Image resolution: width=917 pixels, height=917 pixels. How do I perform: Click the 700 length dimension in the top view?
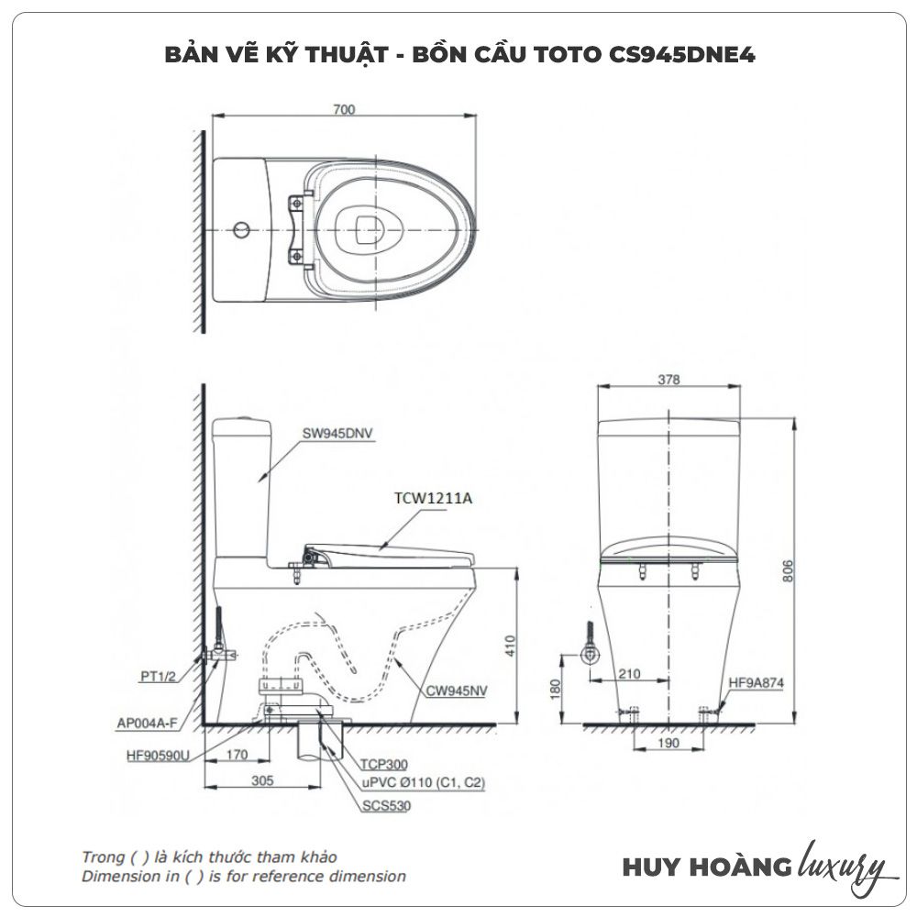[344, 109]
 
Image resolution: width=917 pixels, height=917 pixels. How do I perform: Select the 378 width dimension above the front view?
[668, 380]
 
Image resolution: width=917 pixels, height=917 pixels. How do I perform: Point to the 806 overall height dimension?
[787, 570]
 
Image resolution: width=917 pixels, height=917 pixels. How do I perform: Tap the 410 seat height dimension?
[511, 646]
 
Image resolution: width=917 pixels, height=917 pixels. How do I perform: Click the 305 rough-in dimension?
[262, 780]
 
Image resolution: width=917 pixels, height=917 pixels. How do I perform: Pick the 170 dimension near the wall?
[237, 755]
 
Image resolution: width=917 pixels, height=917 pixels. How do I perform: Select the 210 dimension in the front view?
[629, 674]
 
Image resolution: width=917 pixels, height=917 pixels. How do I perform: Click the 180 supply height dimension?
[556, 689]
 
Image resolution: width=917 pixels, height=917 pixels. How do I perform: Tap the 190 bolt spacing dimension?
[668, 743]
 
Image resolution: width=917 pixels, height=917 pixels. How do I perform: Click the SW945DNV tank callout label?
[337, 434]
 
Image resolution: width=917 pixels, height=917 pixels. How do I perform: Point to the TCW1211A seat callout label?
[434, 498]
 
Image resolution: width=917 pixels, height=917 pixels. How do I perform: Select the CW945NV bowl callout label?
[456, 691]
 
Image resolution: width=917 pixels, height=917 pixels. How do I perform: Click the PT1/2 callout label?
[158, 676]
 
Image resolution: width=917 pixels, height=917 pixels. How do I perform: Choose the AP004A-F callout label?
[147, 724]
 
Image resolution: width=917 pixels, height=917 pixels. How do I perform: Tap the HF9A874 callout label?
[757, 682]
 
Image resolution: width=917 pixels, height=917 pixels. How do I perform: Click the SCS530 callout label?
[387, 805]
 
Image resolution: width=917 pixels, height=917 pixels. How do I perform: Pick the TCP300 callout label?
[383, 764]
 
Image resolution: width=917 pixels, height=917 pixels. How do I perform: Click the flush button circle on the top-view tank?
[241, 229]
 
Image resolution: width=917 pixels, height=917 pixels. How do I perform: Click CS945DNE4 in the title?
[682, 54]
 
